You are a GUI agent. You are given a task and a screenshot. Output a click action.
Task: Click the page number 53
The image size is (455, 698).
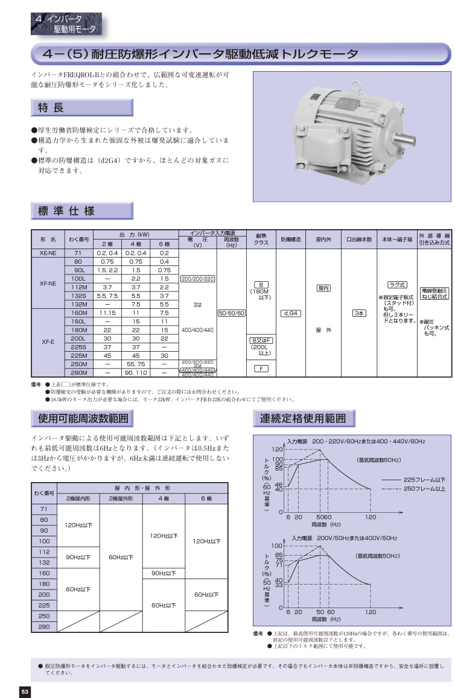25,691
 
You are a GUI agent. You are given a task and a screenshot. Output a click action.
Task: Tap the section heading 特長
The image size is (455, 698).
51,108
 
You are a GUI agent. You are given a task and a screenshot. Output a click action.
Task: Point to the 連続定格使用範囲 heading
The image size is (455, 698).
303,418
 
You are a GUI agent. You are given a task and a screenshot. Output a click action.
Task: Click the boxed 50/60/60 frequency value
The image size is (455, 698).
231,313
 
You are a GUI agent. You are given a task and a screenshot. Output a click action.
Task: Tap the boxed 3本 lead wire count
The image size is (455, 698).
359,313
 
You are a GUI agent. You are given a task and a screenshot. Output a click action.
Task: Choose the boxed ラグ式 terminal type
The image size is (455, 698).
397,284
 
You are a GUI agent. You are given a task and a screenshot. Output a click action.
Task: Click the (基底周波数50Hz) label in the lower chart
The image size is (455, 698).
377,555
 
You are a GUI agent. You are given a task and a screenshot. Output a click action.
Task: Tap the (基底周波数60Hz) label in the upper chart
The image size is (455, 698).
378,460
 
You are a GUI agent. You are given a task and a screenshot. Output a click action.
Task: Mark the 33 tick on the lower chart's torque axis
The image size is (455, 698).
279,584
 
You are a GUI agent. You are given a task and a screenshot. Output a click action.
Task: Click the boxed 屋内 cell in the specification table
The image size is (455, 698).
323,288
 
